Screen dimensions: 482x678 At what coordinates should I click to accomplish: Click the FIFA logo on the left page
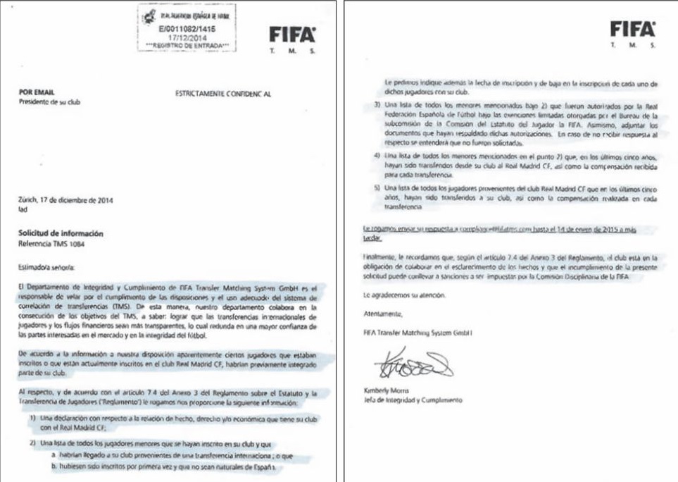click(292, 35)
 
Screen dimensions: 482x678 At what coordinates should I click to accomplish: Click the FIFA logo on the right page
click(632, 29)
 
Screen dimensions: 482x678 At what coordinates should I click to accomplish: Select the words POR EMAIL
click(37, 92)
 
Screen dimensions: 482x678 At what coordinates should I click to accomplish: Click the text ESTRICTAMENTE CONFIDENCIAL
click(221, 92)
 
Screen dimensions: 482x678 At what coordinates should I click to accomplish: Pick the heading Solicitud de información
click(61, 233)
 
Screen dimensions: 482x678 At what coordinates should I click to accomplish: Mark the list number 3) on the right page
click(377, 106)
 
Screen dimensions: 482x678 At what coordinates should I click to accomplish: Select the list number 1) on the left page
click(33, 419)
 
